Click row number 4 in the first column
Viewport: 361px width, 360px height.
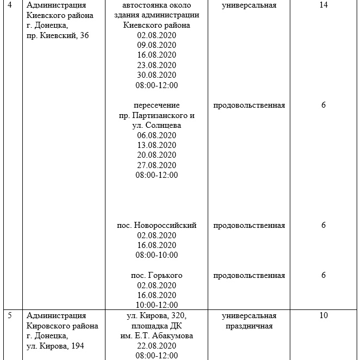click(x=10, y=5)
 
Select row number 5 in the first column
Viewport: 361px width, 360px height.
click(x=10, y=315)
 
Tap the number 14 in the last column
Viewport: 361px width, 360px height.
click(x=323, y=5)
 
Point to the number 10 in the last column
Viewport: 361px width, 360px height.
click(x=323, y=315)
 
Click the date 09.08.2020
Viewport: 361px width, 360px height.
click(x=157, y=45)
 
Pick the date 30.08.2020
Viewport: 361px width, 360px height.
click(x=157, y=75)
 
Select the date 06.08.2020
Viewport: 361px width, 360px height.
click(x=157, y=135)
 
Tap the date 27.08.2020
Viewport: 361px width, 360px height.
click(x=157, y=165)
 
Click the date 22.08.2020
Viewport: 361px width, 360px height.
click(x=157, y=345)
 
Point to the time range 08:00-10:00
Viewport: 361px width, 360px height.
click(x=157, y=255)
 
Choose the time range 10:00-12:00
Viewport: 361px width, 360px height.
click(x=157, y=305)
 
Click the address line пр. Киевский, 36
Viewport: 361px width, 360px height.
click(x=58, y=35)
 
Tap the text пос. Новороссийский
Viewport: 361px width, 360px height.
click(x=157, y=225)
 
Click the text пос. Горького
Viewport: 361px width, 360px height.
click(x=157, y=275)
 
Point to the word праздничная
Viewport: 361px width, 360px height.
click(x=249, y=326)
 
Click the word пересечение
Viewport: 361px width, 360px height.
click(x=157, y=105)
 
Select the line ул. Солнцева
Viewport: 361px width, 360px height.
click(x=157, y=125)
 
